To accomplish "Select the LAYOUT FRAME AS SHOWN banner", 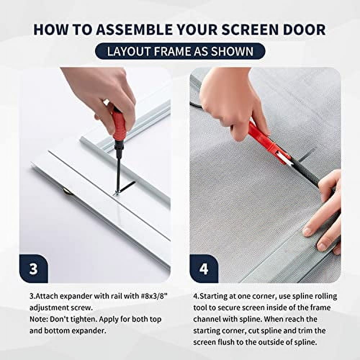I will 180,51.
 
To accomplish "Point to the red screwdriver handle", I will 119,124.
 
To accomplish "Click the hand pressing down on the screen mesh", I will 324,216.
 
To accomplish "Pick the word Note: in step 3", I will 38,319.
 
